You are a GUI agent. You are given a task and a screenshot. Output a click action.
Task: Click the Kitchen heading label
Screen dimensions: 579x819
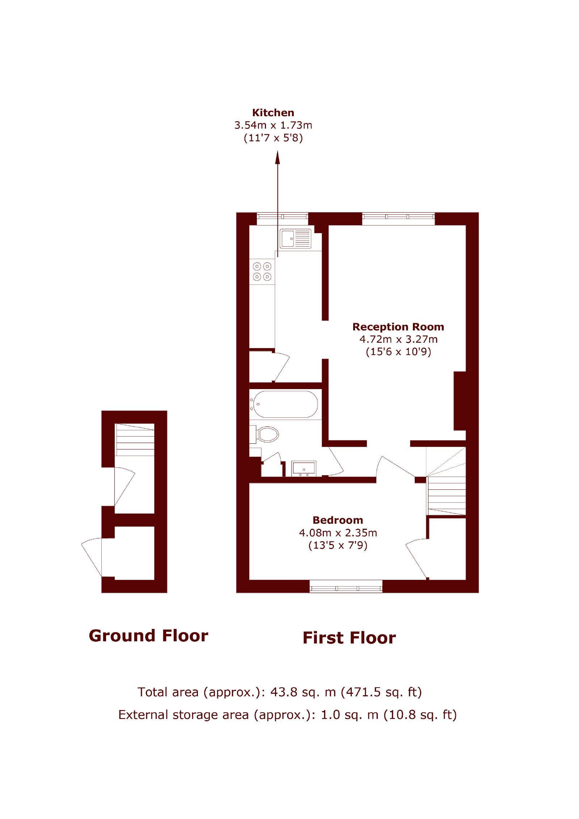tap(273, 113)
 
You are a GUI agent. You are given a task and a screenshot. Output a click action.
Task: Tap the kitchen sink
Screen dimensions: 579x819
tap(295, 238)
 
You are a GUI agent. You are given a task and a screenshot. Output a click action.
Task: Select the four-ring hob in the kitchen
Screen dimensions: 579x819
tap(262, 271)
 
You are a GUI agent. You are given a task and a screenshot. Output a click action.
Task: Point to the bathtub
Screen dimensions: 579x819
tap(286, 404)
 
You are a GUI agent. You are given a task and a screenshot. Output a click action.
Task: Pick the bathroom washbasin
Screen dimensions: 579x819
tap(304, 469)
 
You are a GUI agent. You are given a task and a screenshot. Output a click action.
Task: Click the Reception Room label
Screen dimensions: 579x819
tap(398, 327)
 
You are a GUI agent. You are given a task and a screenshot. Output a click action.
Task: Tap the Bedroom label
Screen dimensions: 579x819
tap(338, 520)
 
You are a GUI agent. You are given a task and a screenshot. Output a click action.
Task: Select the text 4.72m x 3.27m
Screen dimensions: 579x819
tap(398, 339)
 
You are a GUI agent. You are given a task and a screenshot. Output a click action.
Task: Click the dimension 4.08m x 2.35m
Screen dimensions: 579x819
tap(338, 533)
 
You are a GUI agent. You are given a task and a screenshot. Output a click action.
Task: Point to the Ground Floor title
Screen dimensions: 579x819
tap(148, 636)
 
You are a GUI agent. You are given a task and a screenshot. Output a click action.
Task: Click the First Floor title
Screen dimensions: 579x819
tap(349, 638)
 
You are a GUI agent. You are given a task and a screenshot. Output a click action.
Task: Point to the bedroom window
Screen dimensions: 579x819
tap(346, 586)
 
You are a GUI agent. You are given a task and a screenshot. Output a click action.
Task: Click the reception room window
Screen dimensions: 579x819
tap(398, 219)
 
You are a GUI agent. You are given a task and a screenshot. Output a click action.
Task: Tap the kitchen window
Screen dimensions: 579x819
tap(282, 219)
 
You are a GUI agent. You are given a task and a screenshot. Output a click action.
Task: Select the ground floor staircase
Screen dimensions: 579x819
tap(135, 439)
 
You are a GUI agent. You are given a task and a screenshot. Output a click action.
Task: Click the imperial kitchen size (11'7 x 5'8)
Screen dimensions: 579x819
tap(273, 138)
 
